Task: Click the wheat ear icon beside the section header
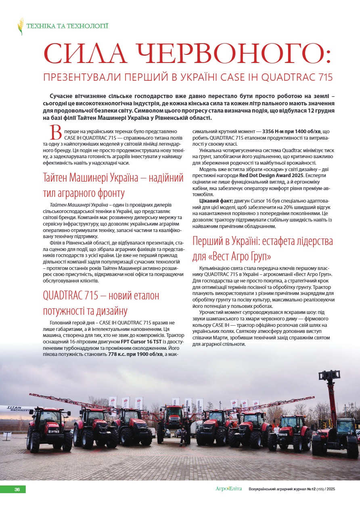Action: pyautogui.click(x=21, y=26)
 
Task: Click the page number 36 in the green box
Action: pyautogui.click(x=17, y=490)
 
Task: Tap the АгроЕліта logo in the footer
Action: pyautogui.click(x=228, y=489)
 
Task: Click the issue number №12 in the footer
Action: pyautogui.click(x=311, y=489)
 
